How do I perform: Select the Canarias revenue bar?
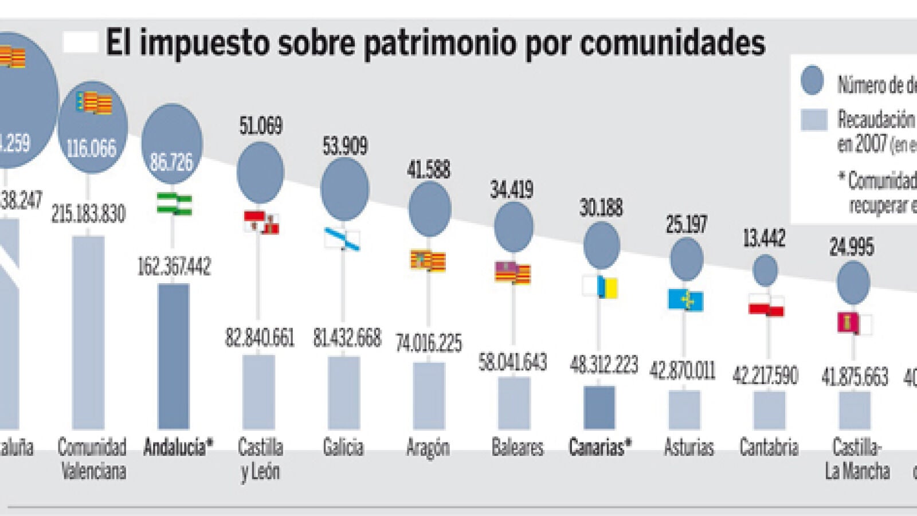599,407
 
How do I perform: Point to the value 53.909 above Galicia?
344,146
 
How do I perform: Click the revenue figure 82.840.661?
260,338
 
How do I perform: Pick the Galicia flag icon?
342,239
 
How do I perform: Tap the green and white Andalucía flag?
175,205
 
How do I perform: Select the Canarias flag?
600,287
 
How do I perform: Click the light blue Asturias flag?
685,300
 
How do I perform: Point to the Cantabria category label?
769,447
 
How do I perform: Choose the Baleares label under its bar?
517,447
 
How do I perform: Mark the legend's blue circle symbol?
812,81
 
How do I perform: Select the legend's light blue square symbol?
814,120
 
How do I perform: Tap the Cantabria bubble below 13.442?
765,270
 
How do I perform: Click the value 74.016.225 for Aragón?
429,343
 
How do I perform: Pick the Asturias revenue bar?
684,409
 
